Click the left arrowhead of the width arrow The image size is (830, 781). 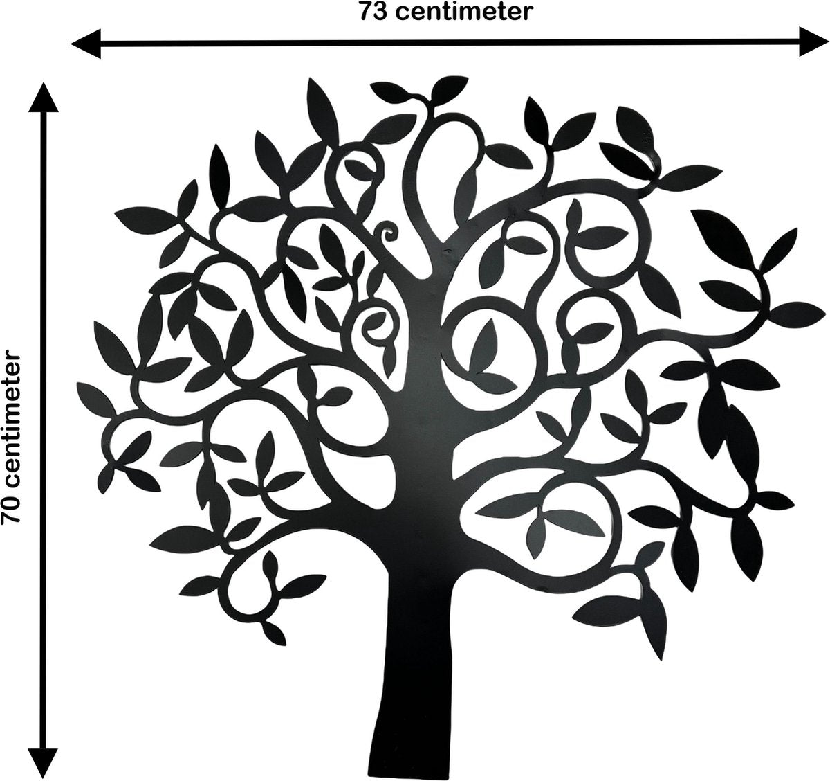[x=86, y=44]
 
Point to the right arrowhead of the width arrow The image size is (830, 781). [x=814, y=41]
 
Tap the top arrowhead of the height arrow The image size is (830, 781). [x=43, y=97]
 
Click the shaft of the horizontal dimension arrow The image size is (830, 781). [x=450, y=42]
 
